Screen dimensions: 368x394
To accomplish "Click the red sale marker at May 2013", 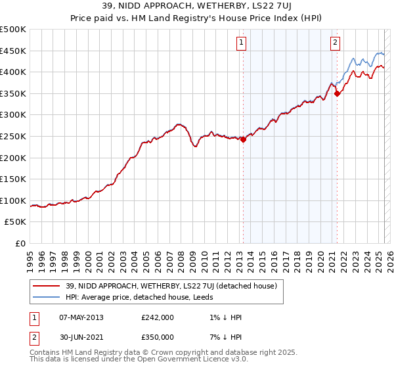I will [x=243, y=139].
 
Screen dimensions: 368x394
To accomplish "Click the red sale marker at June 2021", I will [x=337, y=93].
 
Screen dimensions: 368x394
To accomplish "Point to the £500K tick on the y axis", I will [x=14, y=30].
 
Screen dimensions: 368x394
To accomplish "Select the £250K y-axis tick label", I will [x=14, y=136].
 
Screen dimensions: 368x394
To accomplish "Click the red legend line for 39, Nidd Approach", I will [x=47, y=286].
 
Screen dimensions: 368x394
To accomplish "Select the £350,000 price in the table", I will [x=157, y=337].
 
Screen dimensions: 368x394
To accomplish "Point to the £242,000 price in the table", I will [x=157, y=317].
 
